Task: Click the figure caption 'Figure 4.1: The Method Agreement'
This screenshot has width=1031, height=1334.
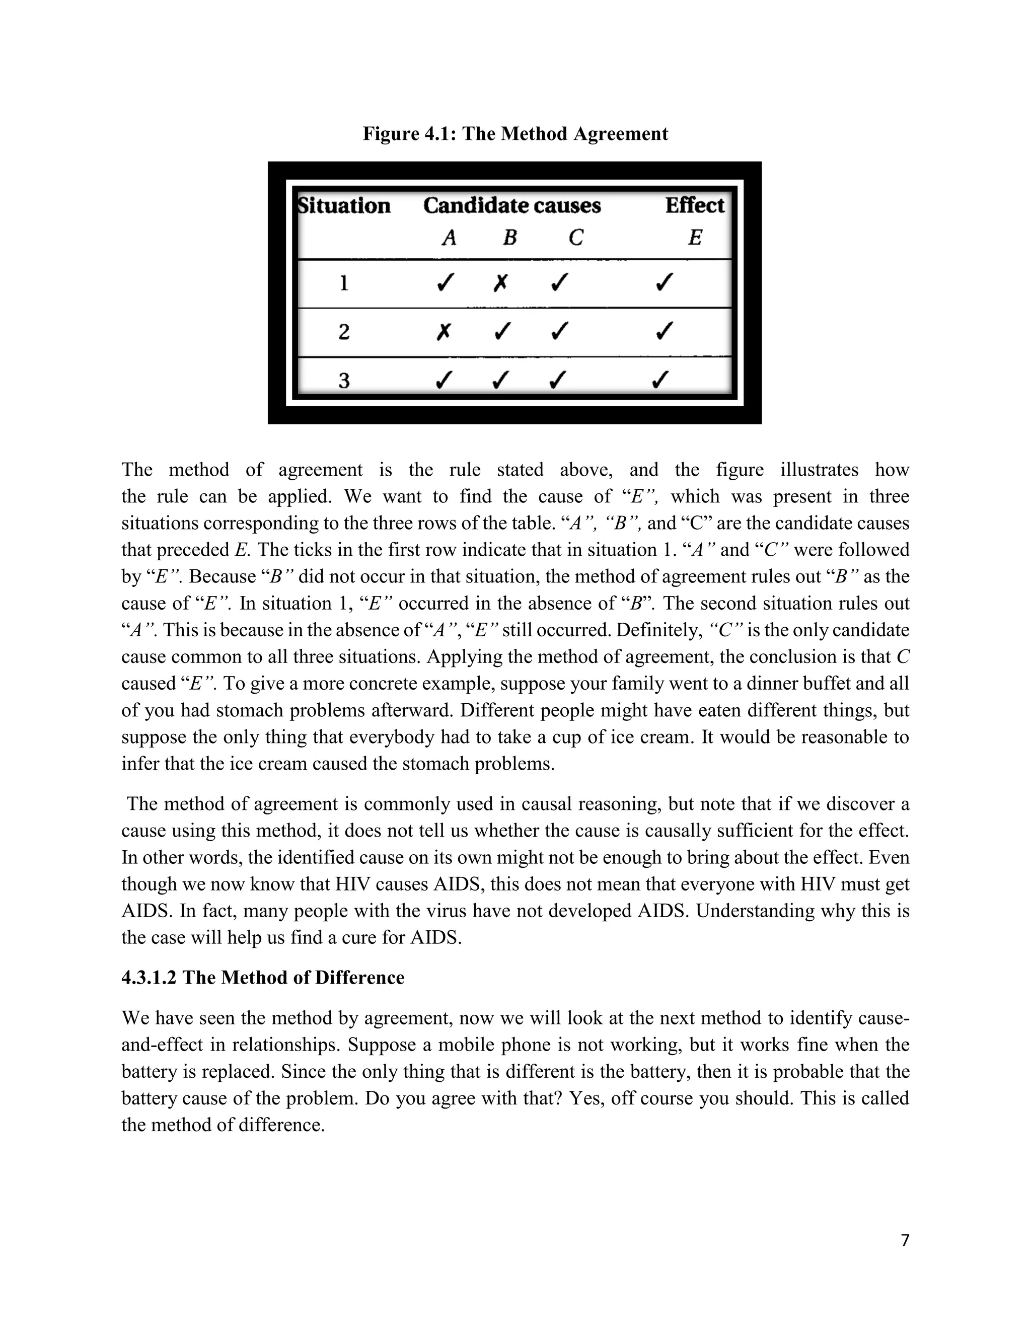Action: [515, 134]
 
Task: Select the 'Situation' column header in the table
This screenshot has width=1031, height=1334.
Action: [344, 206]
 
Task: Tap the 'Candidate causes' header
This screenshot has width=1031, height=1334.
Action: [512, 206]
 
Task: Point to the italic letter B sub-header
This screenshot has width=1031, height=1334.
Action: [509, 238]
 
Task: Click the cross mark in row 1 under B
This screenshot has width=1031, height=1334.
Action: [500, 283]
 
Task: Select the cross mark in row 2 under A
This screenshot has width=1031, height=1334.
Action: [444, 332]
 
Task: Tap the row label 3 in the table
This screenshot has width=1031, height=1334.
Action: [344, 381]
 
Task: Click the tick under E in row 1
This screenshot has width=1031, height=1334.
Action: [664, 283]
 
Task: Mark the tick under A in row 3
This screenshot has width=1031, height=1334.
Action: [444, 381]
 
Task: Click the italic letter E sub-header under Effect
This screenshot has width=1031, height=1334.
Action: [694, 238]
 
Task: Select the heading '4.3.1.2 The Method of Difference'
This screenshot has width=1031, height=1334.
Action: [263, 978]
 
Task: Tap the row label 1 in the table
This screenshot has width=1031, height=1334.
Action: [344, 283]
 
